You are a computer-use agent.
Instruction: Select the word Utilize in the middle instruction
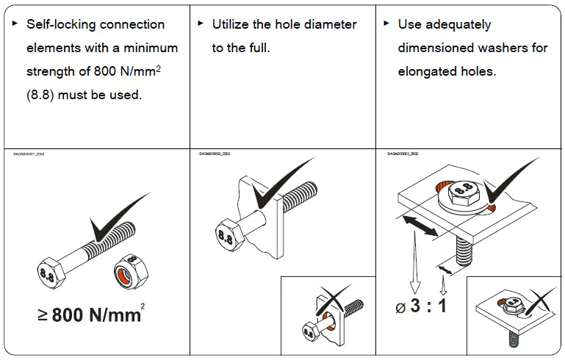tap(231, 24)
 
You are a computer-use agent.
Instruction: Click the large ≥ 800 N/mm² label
tap(90, 315)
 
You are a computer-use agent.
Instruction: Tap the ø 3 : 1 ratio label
tap(421, 305)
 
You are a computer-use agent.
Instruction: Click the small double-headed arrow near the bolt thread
tap(443, 273)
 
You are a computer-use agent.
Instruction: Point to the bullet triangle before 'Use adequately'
tap(386, 24)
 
